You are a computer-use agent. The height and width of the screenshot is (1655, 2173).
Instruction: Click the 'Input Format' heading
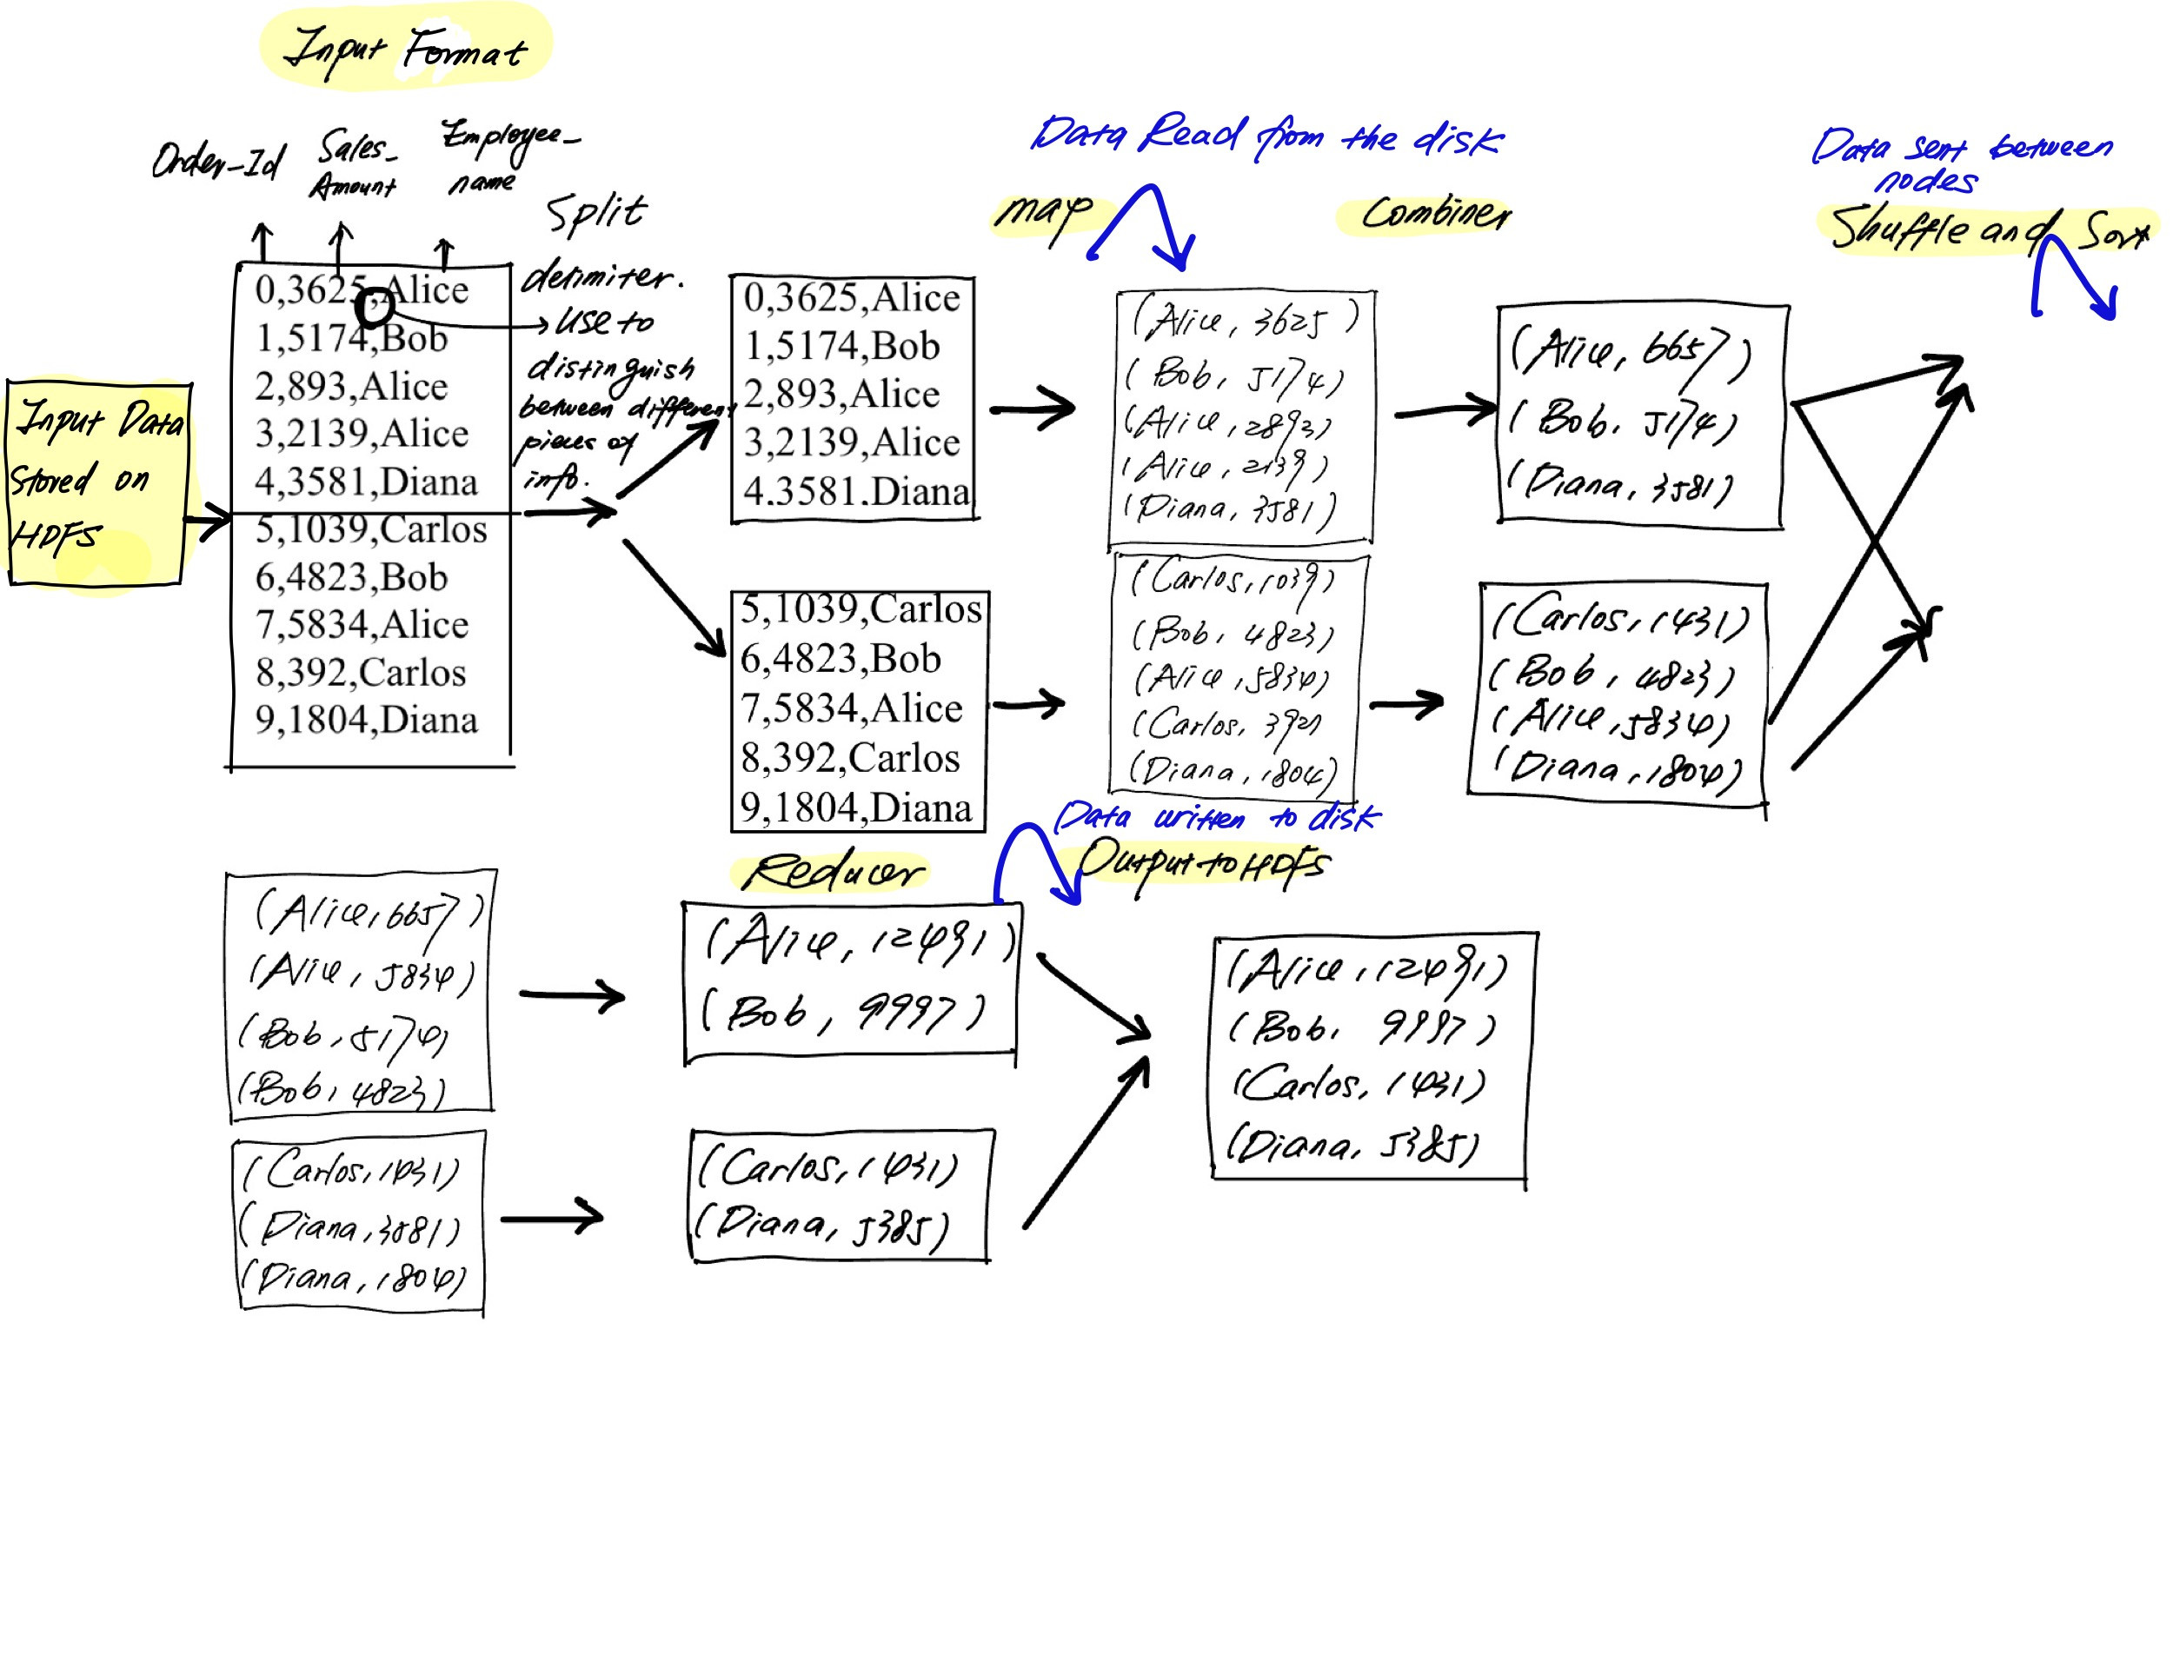[405, 50]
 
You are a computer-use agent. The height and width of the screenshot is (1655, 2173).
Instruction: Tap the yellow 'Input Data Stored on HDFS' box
[96, 482]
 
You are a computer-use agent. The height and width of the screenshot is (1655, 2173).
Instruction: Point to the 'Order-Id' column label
[216, 161]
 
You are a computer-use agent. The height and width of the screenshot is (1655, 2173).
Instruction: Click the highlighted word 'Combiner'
[1434, 213]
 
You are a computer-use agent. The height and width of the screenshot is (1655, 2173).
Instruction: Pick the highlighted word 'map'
[1043, 212]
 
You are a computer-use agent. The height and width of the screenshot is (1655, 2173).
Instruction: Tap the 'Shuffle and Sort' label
[1988, 229]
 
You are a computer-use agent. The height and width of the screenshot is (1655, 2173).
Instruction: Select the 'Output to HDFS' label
[1202, 864]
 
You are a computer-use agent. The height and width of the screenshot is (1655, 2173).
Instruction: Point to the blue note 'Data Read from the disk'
[1266, 138]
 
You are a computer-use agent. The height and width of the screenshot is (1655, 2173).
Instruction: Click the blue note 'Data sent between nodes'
[1960, 161]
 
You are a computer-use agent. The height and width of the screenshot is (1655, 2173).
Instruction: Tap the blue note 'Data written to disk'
[1217, 818]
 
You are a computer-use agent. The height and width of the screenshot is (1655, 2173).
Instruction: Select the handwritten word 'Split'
[596, 213]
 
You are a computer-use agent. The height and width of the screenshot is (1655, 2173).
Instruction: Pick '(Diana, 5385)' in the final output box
[1352, 1146]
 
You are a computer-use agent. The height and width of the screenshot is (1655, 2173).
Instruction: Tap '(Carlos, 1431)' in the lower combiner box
[1619, 619]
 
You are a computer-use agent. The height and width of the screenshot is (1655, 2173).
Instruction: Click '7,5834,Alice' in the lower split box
[851, 708]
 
